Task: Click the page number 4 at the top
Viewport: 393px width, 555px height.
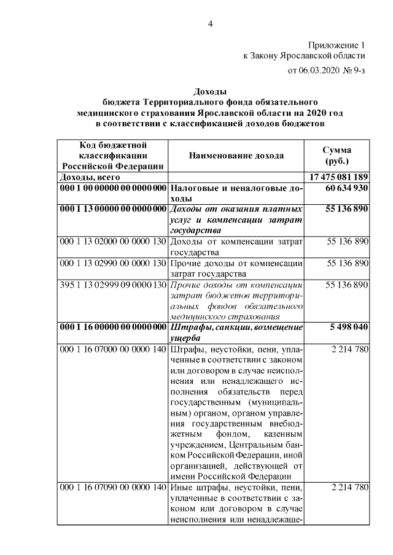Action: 210,24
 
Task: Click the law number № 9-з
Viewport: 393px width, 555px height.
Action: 356,71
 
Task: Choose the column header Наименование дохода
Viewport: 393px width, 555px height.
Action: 236,156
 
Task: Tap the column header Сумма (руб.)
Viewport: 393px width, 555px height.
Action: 337,156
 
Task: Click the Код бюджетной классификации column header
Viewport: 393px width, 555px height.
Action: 112,155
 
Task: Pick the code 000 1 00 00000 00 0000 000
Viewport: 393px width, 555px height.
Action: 112,188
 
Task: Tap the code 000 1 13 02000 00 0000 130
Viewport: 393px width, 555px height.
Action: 112,242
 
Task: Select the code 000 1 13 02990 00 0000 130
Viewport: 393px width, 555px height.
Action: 112,263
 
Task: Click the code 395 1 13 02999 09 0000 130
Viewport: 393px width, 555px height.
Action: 112,285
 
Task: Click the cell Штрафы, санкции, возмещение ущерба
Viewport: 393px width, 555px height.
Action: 236,332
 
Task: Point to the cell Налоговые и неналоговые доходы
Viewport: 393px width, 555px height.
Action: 236,193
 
